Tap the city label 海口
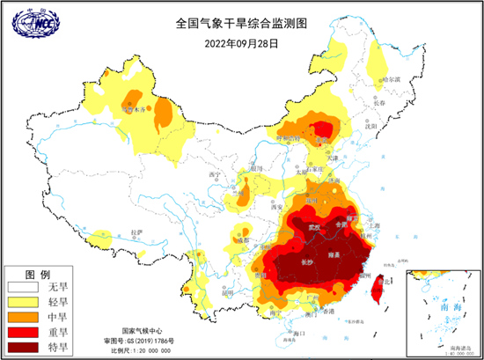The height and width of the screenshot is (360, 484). pos(297,334)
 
